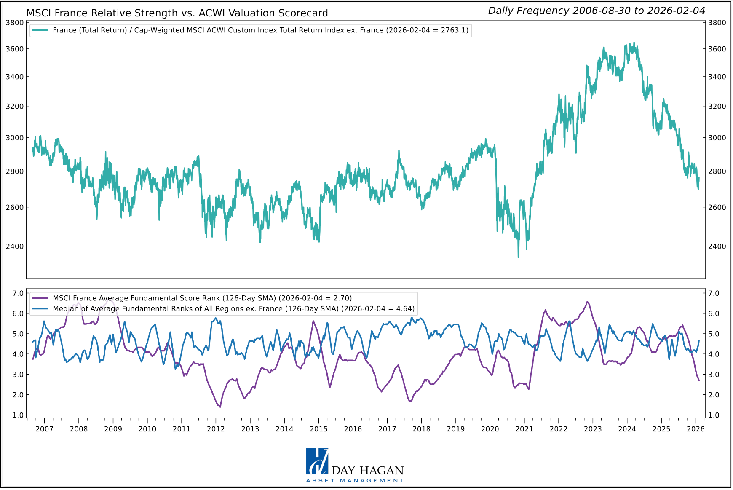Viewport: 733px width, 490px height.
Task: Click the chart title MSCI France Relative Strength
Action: pyautogui.click(x=177, y=13)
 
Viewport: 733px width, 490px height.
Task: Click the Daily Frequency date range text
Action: pyautogui.click(x=596, y=11)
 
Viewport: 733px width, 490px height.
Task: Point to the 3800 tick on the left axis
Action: pyautogui.click(x=15, y=23)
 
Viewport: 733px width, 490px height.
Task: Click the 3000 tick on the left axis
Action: pyautogui.click(x=15, y=138)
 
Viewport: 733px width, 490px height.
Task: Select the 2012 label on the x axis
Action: pyautogui.click(x=216, y=429)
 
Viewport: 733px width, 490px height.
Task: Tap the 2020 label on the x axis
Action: pyautogui.click(x=490, y=429)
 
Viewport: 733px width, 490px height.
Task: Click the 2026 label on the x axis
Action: pyautogui.click(x=696, y=429)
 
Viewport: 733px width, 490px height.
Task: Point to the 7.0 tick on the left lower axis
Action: pyautogui.click(x=18, y=293)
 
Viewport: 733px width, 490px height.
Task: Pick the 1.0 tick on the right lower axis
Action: pyautogui.click(x=714, y=415)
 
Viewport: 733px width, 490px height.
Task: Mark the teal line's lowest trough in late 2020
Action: pyautogui.click(x=518, y=257)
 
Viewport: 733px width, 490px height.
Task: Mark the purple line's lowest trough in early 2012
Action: pyautogui.click(x=220, y=407)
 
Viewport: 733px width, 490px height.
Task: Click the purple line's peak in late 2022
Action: pyautogui.click(x=587, y=302)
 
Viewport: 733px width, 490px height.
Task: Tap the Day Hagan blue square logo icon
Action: pyautogui.click(x=317, y=461)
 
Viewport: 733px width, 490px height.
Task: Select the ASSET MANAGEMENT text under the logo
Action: pyautogui.click(x=355, y=481)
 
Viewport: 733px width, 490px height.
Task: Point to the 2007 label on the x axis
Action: pyautogui.click(x=44, y=429)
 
